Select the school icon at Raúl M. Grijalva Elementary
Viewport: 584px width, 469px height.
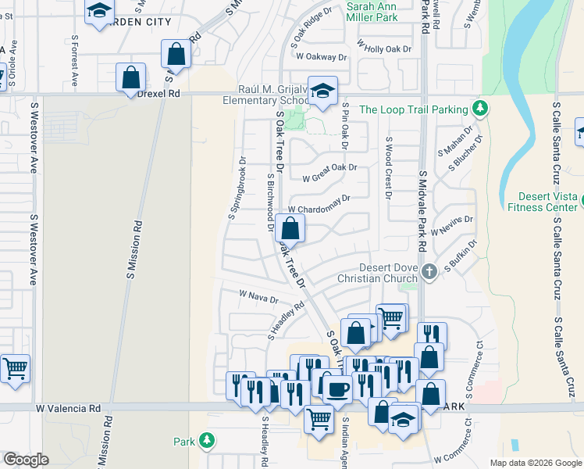tap(322, 91)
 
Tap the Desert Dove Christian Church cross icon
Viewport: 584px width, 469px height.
tap(428, 272)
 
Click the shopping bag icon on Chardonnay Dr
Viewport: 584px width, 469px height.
tap(290, 229)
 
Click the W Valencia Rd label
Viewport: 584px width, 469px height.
tap(69, 408)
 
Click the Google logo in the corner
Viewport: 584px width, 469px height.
tap(25, 460)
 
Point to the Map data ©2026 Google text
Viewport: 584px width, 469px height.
tap(535, 463)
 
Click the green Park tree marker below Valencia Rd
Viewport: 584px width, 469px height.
tap(206, 442)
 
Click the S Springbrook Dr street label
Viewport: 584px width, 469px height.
tap(237, 189)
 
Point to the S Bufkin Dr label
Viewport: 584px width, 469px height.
tap(461, 257)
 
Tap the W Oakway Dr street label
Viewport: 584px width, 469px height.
tap(319, 57)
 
